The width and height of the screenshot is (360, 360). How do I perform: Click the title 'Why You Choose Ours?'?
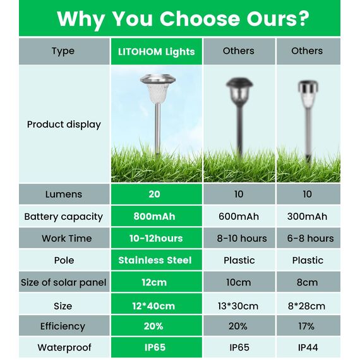(x=183, y=19)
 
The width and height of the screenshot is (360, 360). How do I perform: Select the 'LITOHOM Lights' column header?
(x=157, y=52)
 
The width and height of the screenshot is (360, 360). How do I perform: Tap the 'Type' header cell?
(x=63, y=51)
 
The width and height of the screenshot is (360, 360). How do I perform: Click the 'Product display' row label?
(x=64, y=124)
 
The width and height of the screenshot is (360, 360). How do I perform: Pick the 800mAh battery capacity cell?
(x=155, y=217)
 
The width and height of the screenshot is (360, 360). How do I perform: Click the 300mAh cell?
(x=307, y=217)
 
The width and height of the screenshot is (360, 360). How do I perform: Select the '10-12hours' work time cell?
(x=155, y=238)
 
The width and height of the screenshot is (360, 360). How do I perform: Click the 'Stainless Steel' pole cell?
(x=155, y=260)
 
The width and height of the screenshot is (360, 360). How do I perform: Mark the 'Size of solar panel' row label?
(x=63, y=282)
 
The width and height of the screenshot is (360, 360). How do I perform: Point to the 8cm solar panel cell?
(x=307, y=282)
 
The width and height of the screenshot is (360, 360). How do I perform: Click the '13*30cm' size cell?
(x=239, y=306)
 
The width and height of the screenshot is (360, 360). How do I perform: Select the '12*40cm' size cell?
(x=155, y=306)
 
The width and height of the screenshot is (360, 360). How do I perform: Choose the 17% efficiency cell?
(x=307, y=327)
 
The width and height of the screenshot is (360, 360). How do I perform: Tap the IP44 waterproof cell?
(x=307, y=347)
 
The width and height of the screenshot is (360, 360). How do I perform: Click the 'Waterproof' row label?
(x=64, y=347)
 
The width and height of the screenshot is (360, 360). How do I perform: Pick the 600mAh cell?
(x=239, y=217)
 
